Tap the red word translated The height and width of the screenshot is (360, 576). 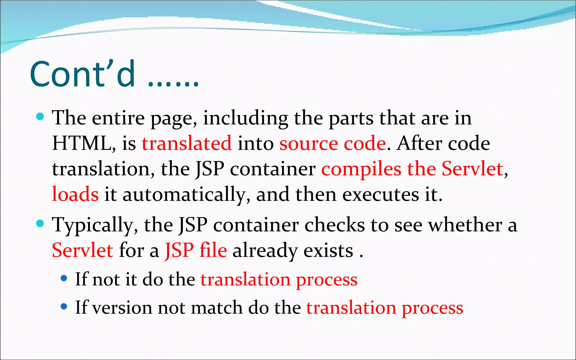click(187, 143)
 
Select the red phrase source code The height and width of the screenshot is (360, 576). click(333, 143)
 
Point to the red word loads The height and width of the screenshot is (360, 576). click(75, 194)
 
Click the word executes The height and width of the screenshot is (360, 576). click(381, 194)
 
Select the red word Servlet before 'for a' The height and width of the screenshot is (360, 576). click(83, 250)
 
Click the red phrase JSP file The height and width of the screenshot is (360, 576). click(196, 250)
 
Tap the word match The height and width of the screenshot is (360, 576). click(217, 307)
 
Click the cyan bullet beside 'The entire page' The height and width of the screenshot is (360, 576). click(40, 116)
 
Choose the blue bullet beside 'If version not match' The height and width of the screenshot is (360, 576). click(64, 306)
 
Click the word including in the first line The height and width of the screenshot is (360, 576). click(246, 118)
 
